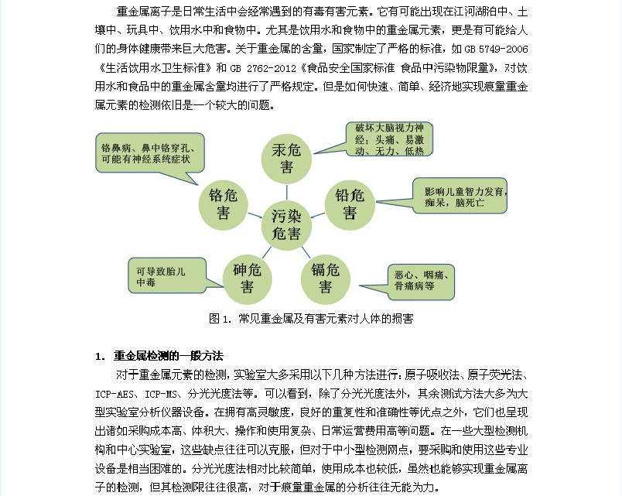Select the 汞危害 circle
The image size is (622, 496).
[287, 159]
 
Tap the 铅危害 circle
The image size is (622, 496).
[350, 203]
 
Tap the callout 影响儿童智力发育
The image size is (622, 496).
[459, 197]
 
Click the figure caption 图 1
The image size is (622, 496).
[310, 318]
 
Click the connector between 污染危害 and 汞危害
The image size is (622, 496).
[287, 191]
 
